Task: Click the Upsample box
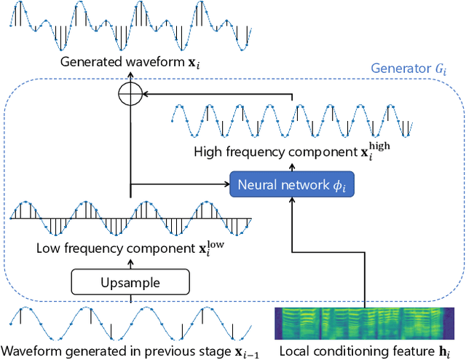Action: click(x=130, y=281)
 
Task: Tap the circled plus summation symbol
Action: click(x=130, y=93)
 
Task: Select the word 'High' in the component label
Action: click(x=208, y=152)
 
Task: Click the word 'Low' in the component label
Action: click(x=48, y=248)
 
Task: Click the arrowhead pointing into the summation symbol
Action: click(x=144, y=93)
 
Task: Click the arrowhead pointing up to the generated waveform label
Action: click(x=130, y=73)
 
